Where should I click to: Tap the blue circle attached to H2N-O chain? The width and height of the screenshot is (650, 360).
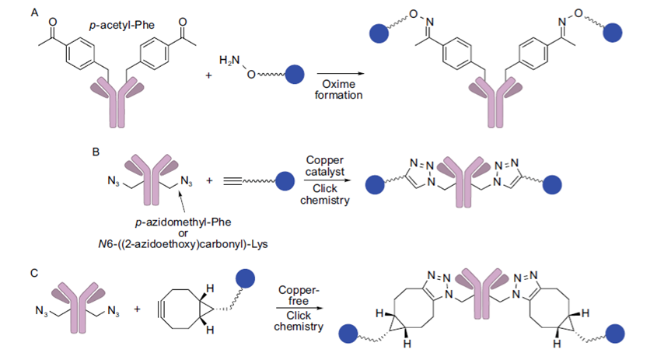(x=295, y=75)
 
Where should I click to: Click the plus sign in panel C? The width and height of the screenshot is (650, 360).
(x=137, y=309)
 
